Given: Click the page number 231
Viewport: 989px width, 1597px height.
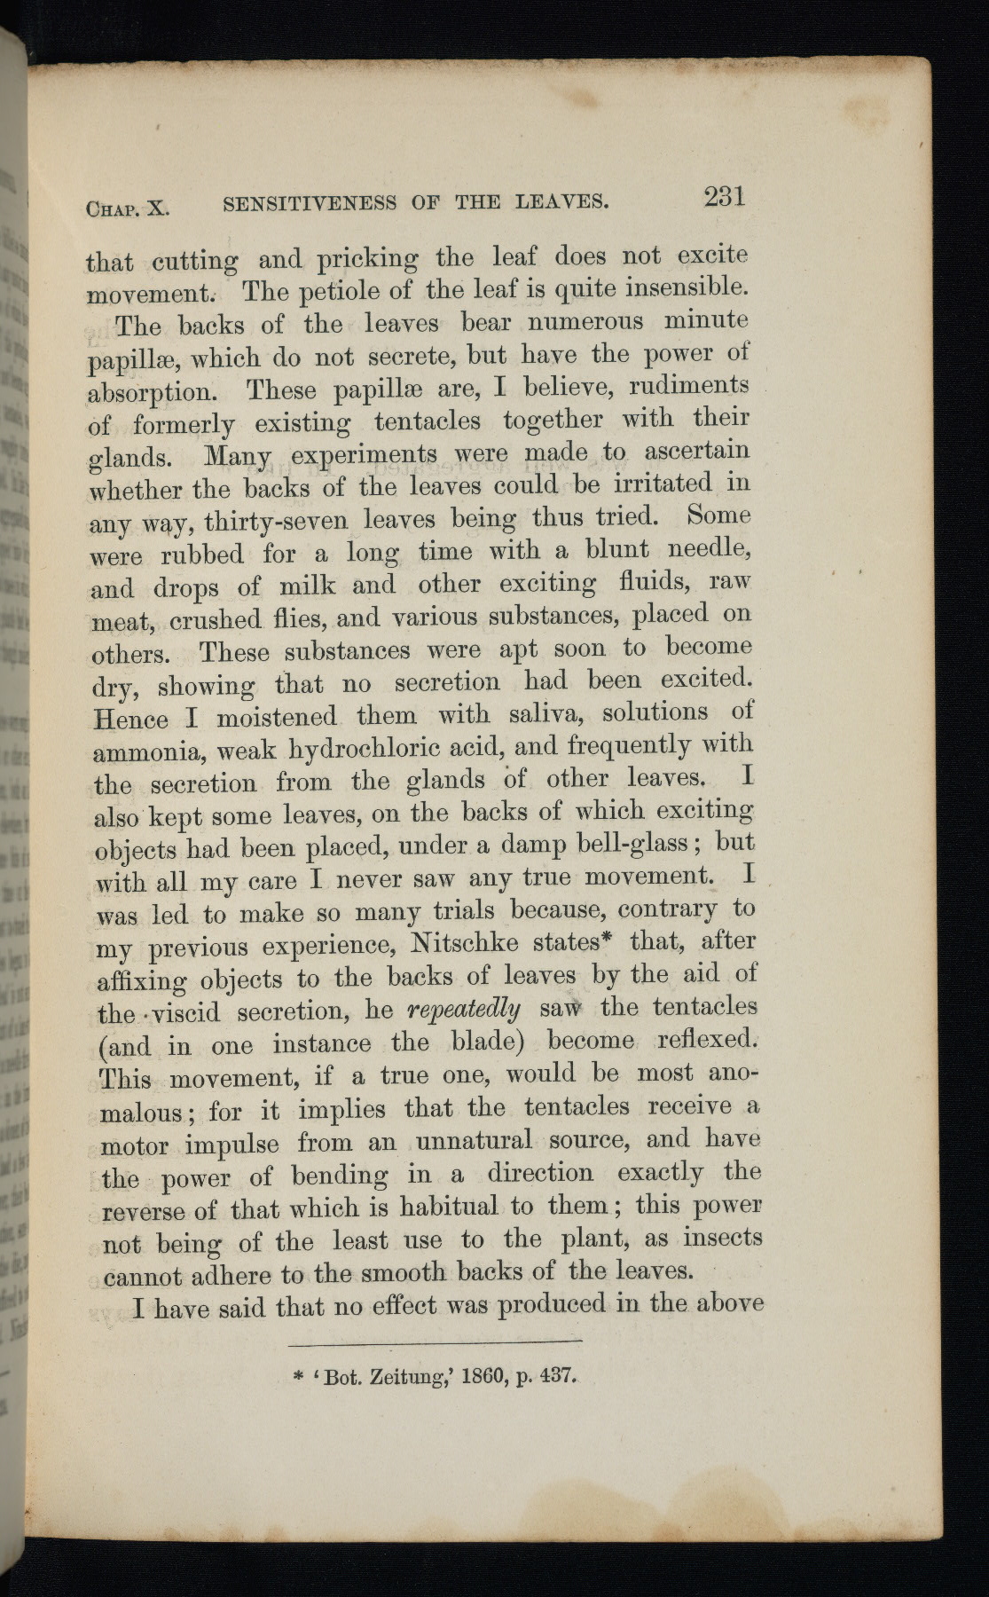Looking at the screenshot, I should [x=724, y=196].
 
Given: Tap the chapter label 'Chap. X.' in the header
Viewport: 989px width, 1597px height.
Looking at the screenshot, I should [x=127, y=208].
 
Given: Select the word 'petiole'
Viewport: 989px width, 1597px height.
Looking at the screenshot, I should [x=349, y=290].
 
